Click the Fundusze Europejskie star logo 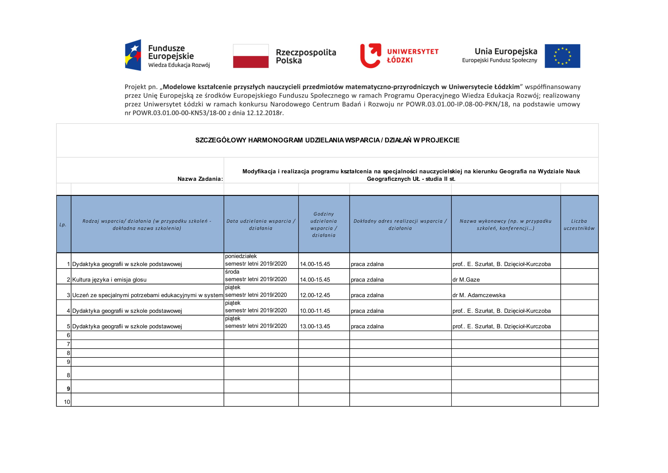[x=133, y=55]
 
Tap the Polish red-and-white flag [x=250, y=56]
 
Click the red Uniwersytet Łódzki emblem [x=370, y=56]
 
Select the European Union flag [x=562, y=56]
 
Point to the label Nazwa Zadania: [x=200, y=179]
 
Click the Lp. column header [x=63, y=224]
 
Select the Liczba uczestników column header [x=579, y=224]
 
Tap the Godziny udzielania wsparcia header [x=324, y=224]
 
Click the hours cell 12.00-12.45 [x=315, y=295]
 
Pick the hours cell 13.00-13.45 [x=315, y=327]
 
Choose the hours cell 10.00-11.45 [x=315, y=311]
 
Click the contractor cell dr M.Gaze [x=466, y=280]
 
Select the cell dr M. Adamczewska [x=479, y=295]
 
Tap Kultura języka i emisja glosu [x=109, y=280]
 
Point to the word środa [x=232, y=272]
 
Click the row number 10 [x=67, y=402]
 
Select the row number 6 [x=68, y=335]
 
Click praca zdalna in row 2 [x=367, y=280]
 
